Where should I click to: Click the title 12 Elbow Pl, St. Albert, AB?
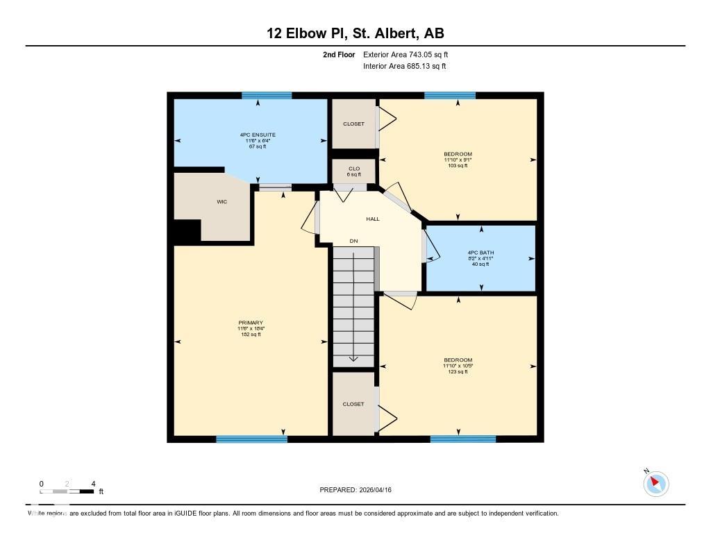[x=355, y=33]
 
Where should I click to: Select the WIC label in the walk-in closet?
[x=221, y=202]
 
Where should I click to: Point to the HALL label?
[x=373, y=219]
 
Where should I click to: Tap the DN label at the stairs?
[x=353, y=241]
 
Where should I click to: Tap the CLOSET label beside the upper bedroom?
[x=353, y=124]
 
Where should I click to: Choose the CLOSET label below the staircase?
[x=353, y=404]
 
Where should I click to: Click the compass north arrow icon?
[x=655, y=483]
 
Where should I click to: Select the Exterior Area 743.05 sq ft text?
[x=410, y=54]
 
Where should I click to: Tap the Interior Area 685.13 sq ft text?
[x=404, y=67]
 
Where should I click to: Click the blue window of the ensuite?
[x=266, y=96]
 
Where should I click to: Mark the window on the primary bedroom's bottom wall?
[x=251, y=439]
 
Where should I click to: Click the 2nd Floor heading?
[x=339, y=54]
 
